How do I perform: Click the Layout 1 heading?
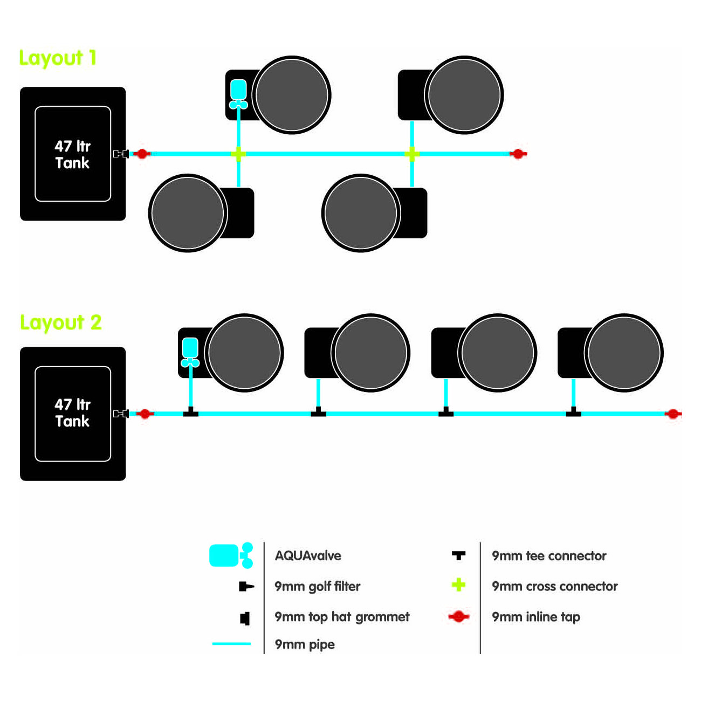[58, 58]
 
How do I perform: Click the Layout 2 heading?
[60, 322]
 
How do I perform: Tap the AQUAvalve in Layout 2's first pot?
[190, 352]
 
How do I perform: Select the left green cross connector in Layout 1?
[238, 154]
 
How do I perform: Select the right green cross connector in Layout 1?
[412, 154]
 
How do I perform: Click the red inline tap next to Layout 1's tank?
[142, 154]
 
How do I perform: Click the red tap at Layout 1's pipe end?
[518, 154]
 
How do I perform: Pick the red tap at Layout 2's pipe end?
[672, 414]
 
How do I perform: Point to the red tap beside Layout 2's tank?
[145, 414]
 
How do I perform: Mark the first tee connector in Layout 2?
[190, 413]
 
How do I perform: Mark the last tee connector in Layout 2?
[573, 413]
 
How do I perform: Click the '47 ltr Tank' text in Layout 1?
[73, 154]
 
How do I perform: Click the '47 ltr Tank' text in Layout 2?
[73, 413]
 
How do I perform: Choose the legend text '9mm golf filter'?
[317, 586]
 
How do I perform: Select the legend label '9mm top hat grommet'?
[342, 617]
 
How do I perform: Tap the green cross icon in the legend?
[459, 585]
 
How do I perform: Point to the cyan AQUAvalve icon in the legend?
[231, 556]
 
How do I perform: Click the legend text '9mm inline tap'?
[536, 617]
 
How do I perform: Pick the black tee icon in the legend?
[458, 555]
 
